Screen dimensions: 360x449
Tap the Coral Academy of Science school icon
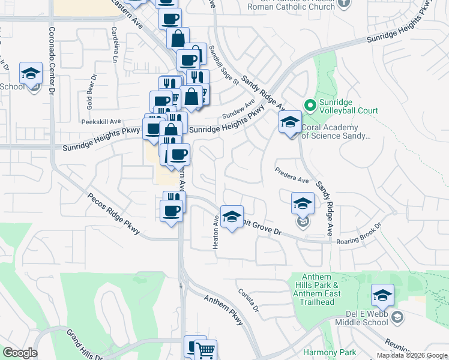(290, 123)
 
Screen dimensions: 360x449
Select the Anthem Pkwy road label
(224, 310)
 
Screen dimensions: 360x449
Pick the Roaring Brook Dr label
(360, 241)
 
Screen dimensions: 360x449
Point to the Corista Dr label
(248, 300)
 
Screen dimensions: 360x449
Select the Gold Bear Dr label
(91, 91)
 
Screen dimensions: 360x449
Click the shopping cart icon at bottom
(205, 350)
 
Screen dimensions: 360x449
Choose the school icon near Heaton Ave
(232, 216)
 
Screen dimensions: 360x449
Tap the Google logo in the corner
(20, 353)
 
